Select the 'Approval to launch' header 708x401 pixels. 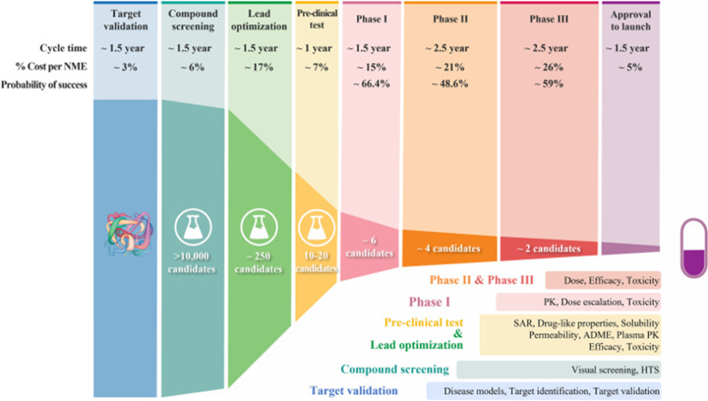click(x=631, y=20)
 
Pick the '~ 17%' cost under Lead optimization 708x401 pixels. click(x=257, y=66)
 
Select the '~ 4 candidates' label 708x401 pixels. click(x=448, y=249)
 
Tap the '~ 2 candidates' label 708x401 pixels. click(x=548, y=249)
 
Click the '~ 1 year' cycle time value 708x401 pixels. click(x=315, y=48)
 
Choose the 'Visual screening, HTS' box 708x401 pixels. click(x=560, y=370)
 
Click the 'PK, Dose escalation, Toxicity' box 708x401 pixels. click(x=578, y=302)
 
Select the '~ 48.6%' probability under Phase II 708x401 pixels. click(x=448, y=85)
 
